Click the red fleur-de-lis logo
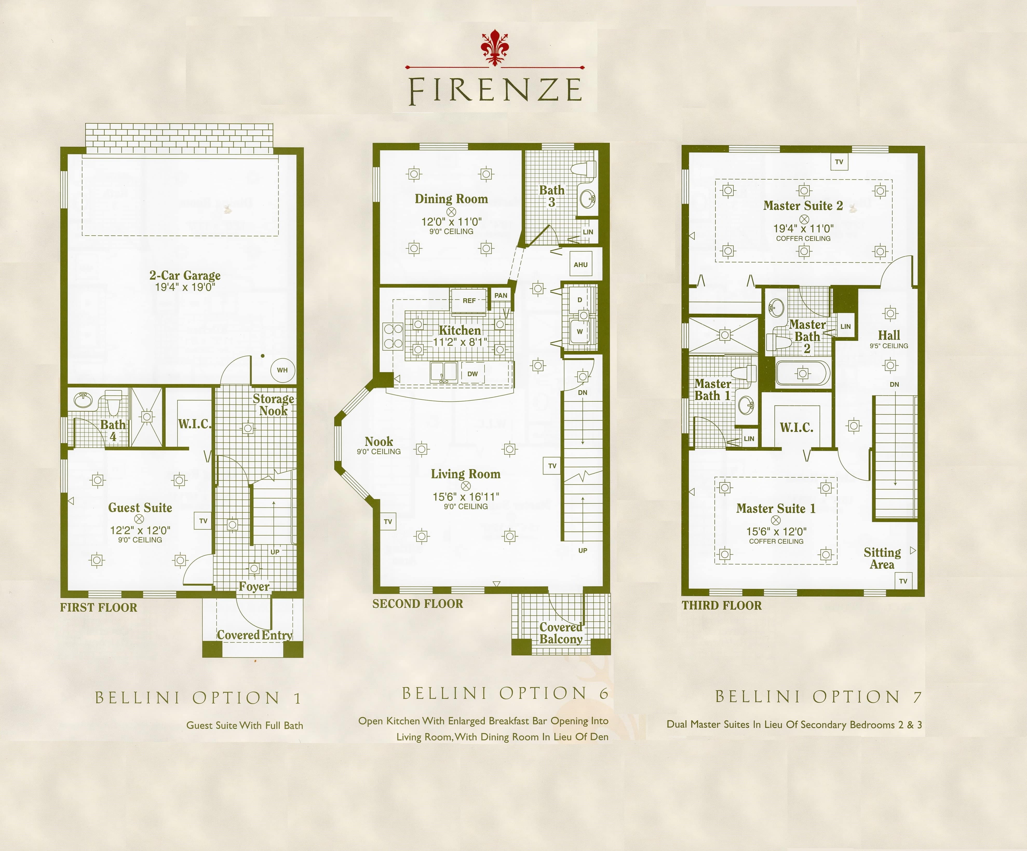click(495, 47)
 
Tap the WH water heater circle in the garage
click(282, 370)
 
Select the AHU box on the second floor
click(580, 264)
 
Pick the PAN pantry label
click(501, 295)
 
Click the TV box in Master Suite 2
click(839, 162)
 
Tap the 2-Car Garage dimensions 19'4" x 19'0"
click(185, 287)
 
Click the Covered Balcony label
click(561, 633)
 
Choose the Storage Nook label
click(273, 405)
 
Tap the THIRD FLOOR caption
click(722, 605)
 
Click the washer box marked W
click(579, 331)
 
